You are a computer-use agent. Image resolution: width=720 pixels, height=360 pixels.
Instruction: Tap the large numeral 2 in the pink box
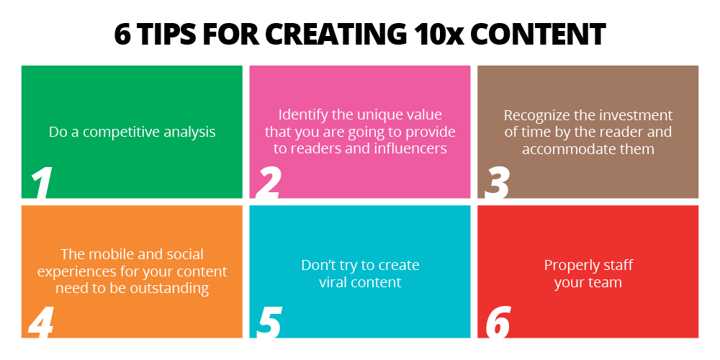pos(268,183)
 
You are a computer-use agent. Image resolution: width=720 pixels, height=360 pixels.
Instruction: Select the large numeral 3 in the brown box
pos(496,183)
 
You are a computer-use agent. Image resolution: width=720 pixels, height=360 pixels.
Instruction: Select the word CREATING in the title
pos(341,34)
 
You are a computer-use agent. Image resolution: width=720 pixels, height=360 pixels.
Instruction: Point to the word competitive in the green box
pos(119,132)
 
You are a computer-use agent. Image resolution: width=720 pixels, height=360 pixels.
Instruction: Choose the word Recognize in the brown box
pos(534,115)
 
